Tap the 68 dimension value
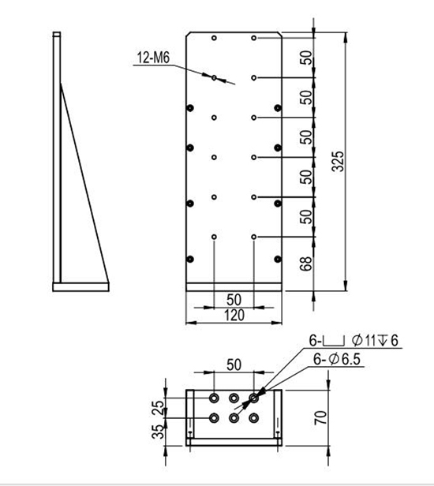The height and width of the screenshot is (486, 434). [307, 264]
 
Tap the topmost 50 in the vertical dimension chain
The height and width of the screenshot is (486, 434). [307, 58]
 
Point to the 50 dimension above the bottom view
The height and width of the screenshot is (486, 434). [234, 366]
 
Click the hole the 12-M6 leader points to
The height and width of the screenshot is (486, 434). [214, 77]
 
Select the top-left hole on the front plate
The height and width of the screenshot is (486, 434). [214, 37]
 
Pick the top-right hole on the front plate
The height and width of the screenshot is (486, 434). [253, 37]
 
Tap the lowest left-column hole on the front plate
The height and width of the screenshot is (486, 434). [214, 236]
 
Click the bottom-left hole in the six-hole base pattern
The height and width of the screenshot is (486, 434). [214, 418]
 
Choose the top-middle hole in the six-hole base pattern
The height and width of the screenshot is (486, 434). [234, 398]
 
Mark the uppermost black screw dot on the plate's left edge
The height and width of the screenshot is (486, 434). [189, 107]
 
